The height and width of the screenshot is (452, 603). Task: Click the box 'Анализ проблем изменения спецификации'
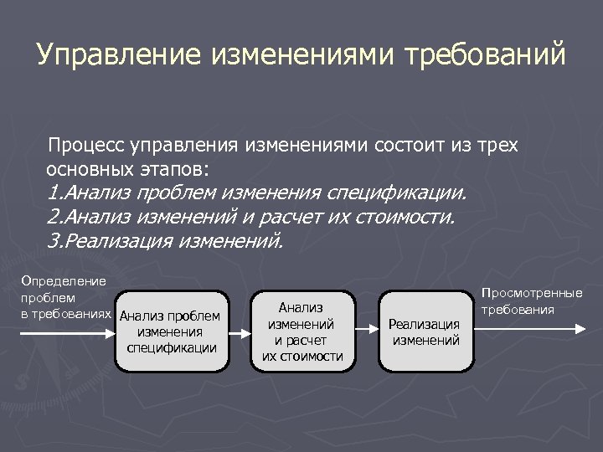pyautogui.click(x=171, y=331)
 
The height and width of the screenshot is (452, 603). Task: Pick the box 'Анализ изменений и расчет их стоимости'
pyautogui.click(x=301, y=331)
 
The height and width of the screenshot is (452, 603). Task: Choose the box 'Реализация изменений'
pyautogui.click(x=426, y=331)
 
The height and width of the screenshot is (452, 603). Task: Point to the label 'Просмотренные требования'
pyautogui.click(x=531, y=301)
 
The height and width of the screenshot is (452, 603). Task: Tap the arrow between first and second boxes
pyautogui.click(x=239, y=332)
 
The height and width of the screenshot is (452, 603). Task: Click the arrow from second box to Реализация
pyautogui.click(x=367, y=332)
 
